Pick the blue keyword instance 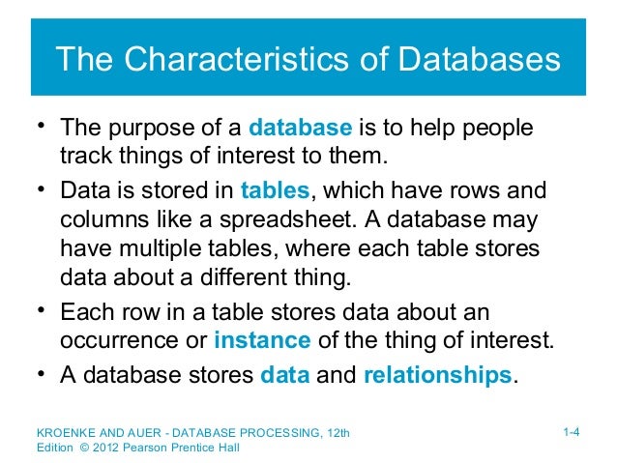262,340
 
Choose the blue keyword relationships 436,374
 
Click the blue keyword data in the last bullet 285,374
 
